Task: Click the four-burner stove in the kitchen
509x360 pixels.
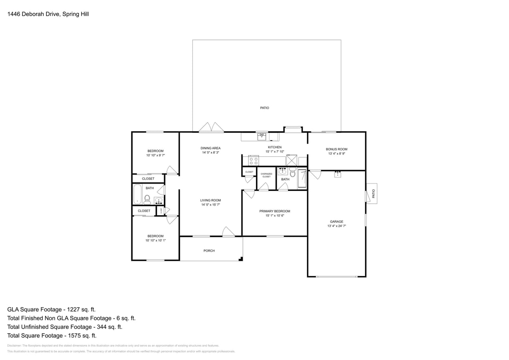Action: pos(253,161)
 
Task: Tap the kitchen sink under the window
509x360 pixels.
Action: pos(262,137)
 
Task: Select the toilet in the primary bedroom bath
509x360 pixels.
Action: pos(293,173)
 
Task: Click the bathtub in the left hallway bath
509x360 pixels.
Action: pos(137,194)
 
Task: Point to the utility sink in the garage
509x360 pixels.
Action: pos(337,174)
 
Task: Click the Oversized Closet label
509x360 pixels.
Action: pos(267,175)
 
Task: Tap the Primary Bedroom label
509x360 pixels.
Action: pos(275,211)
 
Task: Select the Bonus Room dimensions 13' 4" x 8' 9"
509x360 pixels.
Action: pos(337,154)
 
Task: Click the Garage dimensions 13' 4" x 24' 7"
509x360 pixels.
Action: pos(337,226)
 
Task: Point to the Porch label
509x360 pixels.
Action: pos(209,251)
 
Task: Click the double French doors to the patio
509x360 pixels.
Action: pos(211,127)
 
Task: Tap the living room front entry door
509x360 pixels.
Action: pos(228,232)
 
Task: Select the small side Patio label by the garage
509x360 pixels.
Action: pos(373,194)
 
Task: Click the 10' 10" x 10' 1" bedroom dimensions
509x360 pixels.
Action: pos(155,240)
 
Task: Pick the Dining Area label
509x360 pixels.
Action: pos(210,148)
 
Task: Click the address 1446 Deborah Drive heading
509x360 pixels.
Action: pos(48,14)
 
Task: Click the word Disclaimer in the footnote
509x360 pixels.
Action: pos(14,346)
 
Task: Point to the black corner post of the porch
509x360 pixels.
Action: pos(241,259)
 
